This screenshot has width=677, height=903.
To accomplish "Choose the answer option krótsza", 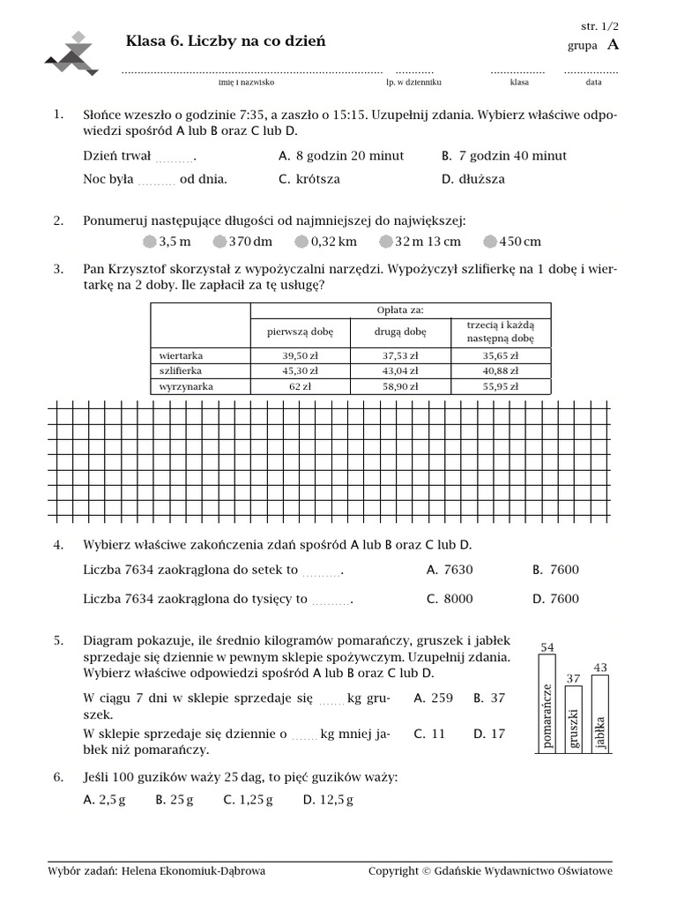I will click(x=317, y=179).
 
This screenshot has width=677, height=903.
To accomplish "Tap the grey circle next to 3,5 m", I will click(x=149, y=242).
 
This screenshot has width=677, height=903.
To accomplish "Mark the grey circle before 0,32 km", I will click(x=301, y=242).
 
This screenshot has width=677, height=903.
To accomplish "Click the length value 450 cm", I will click(x=519, y=242).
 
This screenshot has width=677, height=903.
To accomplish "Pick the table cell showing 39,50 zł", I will click(x=300, y=355).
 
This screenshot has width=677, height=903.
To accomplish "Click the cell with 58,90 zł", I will click(x=399, y=386).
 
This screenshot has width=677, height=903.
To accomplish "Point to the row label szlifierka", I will click(x=181, y=371).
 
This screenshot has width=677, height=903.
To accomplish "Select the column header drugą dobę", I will click(x=399, y=332).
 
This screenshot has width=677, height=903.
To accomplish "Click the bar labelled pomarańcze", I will click(x=547, y=705).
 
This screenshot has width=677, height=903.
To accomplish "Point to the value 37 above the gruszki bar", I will click(x=573, y=679).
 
